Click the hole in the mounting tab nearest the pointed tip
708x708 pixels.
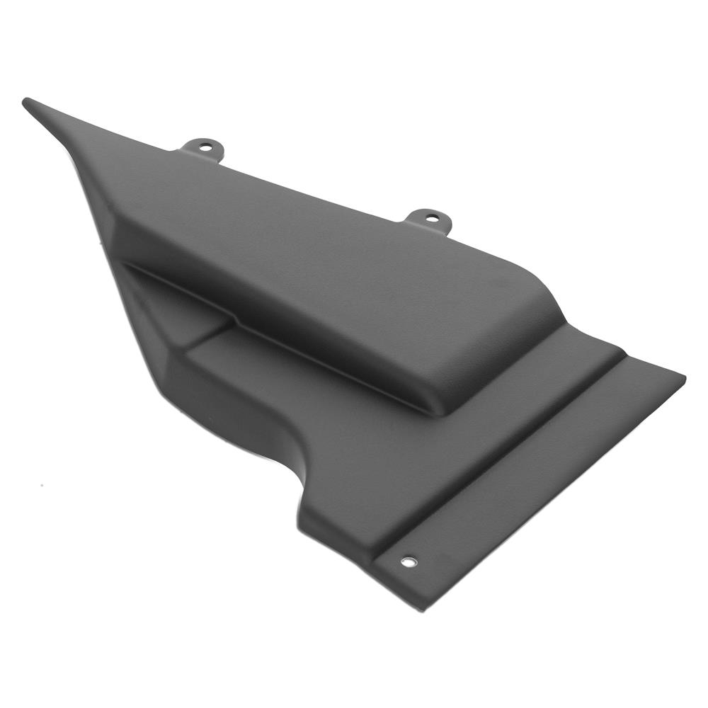pos(205,147)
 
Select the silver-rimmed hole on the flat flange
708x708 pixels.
pos(409,561)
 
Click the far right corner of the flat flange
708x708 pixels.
pos(683,377)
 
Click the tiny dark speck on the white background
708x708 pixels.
pos(41,486)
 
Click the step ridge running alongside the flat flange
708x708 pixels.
pos(510,453)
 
